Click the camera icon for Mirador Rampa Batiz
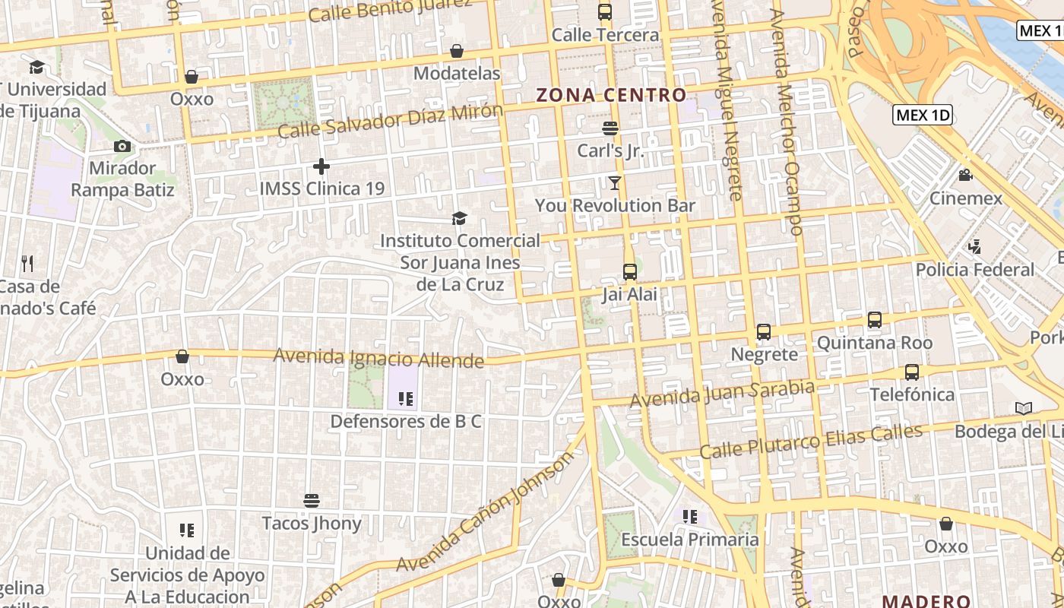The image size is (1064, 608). click(122, 146)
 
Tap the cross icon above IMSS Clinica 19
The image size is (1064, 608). click(321, 166)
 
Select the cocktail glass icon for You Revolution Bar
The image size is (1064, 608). click(614, 182)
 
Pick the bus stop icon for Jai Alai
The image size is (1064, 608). click(629, 271)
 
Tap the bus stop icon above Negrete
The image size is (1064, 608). click(764, 332)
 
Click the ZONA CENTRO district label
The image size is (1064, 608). click(611, 95)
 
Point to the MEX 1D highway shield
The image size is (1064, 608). click(923, 115)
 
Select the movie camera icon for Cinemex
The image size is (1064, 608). click(965, 176)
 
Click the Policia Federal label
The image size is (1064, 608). click(975, 270)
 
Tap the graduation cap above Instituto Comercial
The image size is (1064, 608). click(459, 219)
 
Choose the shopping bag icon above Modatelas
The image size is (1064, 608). click(457, 51)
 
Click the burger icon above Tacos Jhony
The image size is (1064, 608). click(311, 501)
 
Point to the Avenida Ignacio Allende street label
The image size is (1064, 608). click(378, 358)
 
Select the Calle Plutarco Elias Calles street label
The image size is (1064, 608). click(810, 441)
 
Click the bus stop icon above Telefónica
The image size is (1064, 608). click(912, 372)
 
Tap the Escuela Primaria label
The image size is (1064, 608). click(690, 540)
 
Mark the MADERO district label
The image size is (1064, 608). click(926, 600)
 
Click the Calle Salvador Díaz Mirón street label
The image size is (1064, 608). click(390, 121)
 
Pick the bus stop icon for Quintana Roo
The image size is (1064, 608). click(875, 320)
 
